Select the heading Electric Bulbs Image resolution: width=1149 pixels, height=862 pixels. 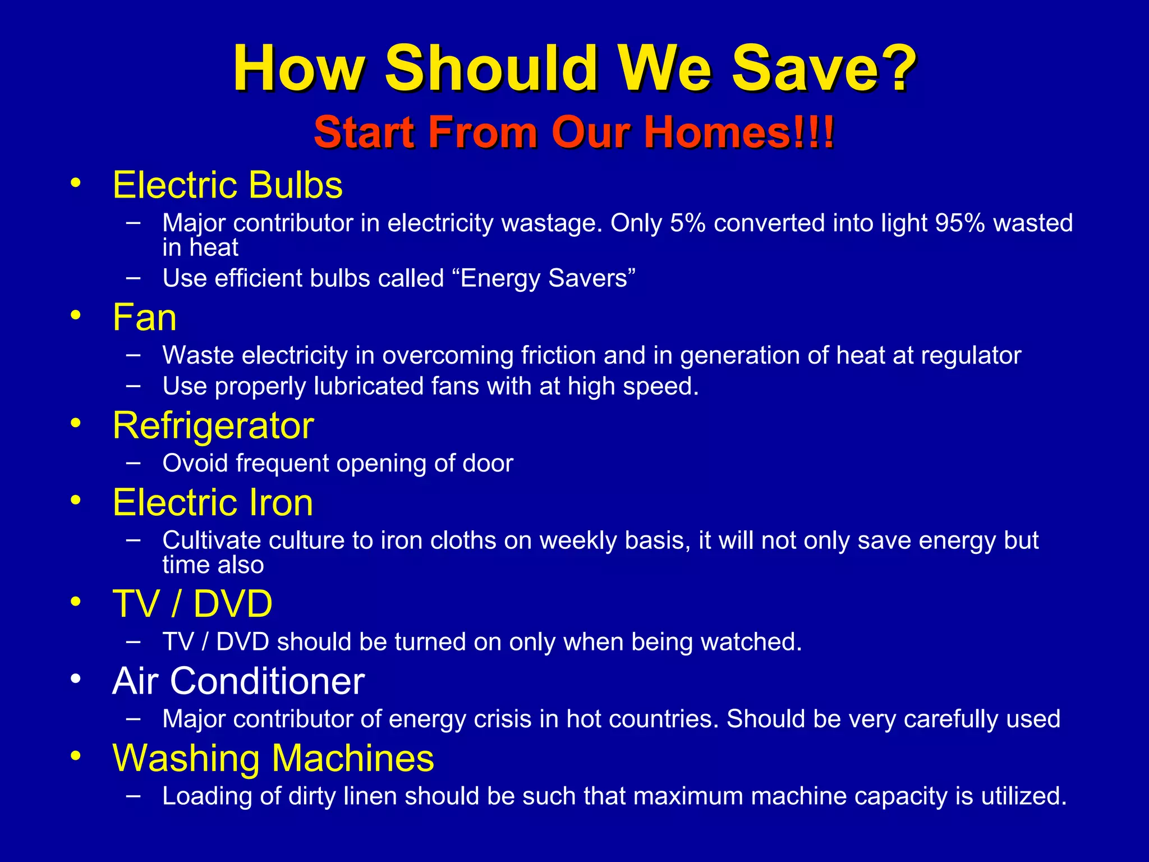(x=227, y=185)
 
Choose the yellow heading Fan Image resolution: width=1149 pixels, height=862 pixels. (x=145, y=318)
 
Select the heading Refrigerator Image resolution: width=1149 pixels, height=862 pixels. (x=213, y=425)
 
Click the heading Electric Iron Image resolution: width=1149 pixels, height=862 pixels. (x=213, y=502)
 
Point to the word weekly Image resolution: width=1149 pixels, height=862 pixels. (x=575, y=541)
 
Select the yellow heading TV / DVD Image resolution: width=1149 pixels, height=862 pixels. (x=192, y=604)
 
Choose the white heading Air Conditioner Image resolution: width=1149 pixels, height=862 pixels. (x=238, y=681)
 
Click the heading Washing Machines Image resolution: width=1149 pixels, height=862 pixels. (x=273, y=758)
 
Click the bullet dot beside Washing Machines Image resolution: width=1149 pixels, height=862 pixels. (x=76, y=756)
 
